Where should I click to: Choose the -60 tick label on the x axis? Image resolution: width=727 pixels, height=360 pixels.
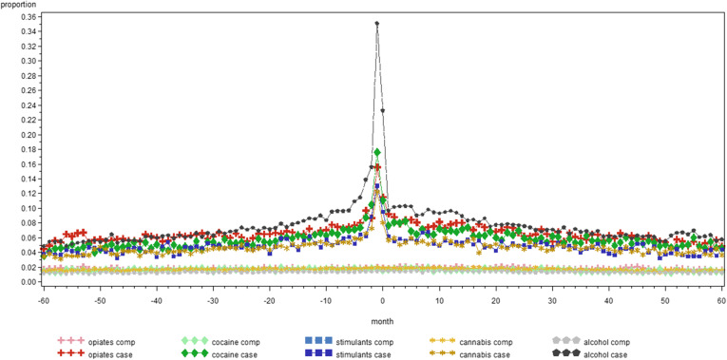(42, 300)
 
